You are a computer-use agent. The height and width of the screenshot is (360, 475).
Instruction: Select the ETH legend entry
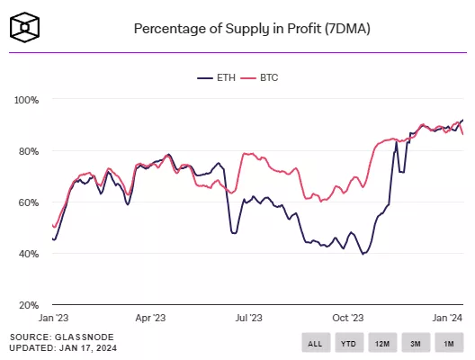(220, 78)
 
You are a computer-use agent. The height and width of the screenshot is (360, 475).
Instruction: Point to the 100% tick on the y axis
(26, 99)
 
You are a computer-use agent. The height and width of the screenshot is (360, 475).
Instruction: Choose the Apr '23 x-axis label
(150, 319)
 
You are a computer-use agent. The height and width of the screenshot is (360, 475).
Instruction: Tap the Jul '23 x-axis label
(249, 319)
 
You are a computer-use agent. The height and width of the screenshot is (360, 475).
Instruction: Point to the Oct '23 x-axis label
(348, 319)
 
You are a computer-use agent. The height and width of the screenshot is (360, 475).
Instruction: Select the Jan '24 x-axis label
(447, 319)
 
